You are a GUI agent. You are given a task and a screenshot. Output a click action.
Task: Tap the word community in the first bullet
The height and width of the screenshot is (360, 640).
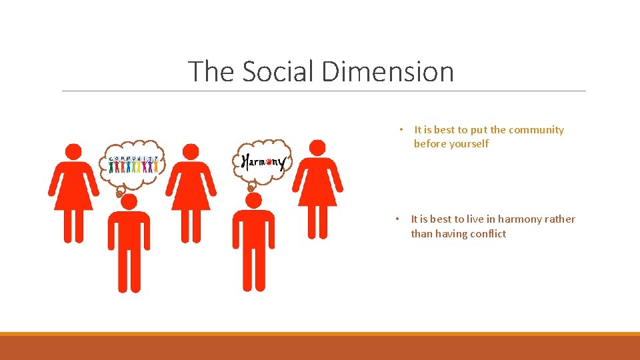click(x=536, y=130)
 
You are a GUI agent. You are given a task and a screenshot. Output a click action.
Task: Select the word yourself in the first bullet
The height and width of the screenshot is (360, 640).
click(x=466, y=144)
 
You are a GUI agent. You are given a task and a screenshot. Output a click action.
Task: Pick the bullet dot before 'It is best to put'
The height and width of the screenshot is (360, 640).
click(x=401, y=130)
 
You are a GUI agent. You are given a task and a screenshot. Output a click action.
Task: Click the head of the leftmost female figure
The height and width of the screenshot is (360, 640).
click(x=73, y=152)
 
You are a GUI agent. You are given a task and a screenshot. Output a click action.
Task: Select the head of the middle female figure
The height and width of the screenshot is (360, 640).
click(x=191, y=152)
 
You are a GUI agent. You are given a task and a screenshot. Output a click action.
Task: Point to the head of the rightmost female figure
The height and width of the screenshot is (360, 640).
click(x=317, y=148)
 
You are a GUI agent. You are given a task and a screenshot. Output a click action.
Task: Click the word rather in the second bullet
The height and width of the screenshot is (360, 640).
click(x=561, y=219)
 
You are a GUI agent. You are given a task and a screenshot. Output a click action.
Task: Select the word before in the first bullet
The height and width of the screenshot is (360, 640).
click(x=429, y=144)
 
